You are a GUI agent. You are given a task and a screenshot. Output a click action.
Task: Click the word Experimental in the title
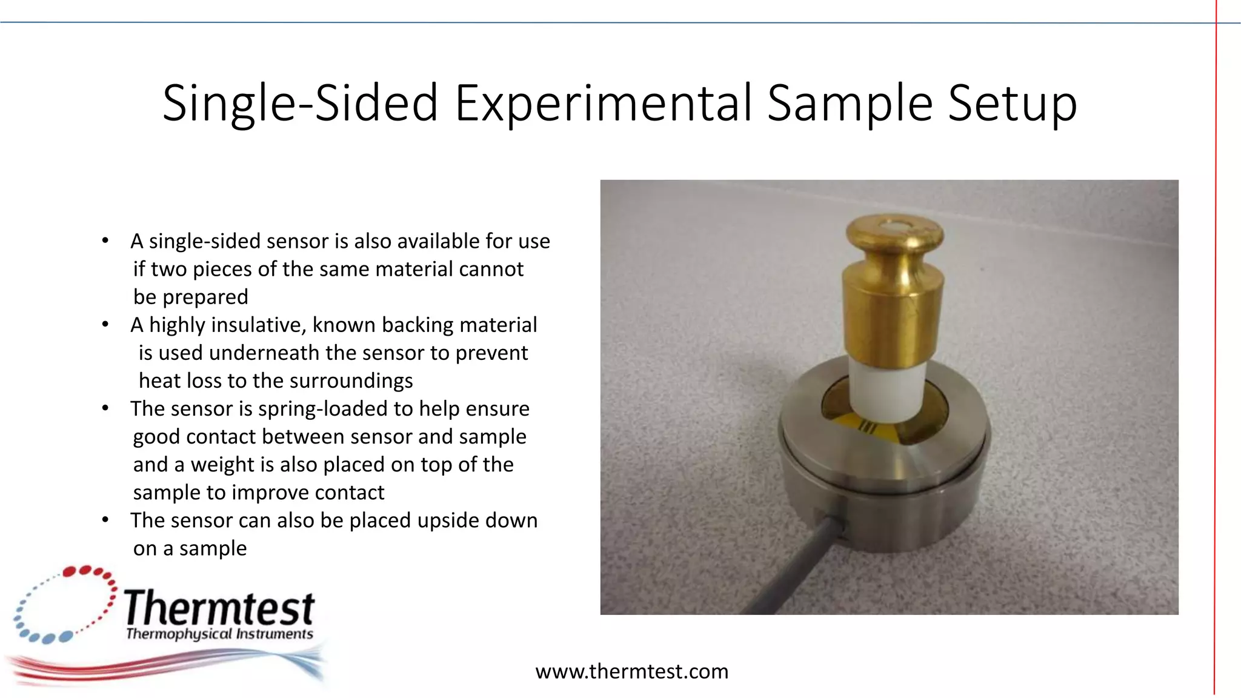[603, 103]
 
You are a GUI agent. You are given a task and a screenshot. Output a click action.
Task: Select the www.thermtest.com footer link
[631, 671]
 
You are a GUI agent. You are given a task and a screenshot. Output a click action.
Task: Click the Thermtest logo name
[219, 608]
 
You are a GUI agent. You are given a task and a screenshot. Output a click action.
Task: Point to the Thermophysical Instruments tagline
[219, 634]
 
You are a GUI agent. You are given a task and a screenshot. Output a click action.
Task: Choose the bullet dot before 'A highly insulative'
[105, 325]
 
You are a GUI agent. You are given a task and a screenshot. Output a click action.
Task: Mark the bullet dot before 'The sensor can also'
[105, 520]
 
